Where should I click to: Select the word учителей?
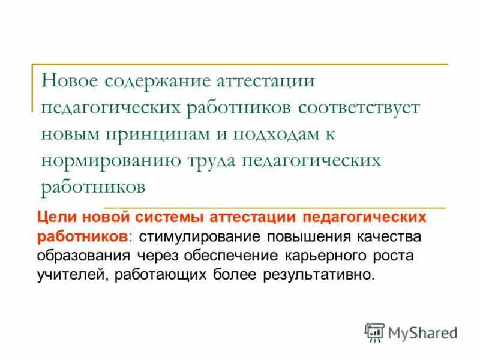[65, 275]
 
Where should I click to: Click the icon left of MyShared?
[374, 332]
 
